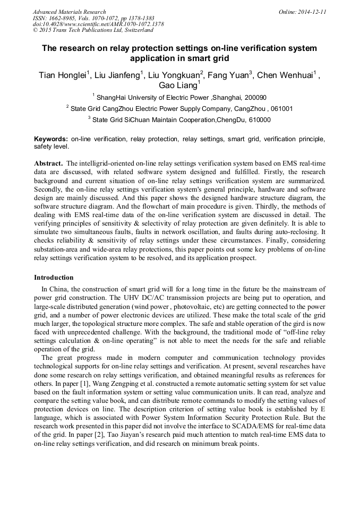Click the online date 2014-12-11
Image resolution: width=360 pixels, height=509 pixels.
click(312, 12)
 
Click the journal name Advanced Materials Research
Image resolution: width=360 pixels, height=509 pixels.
click(69, 12)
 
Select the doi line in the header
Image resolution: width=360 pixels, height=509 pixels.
click(98, 24)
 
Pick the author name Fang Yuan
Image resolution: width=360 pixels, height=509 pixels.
click(228, 75)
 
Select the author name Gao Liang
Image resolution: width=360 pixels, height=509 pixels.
click(178, 86)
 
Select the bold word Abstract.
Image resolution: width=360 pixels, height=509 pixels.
click(48, 163)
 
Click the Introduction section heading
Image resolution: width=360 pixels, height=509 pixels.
click(54, 278)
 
